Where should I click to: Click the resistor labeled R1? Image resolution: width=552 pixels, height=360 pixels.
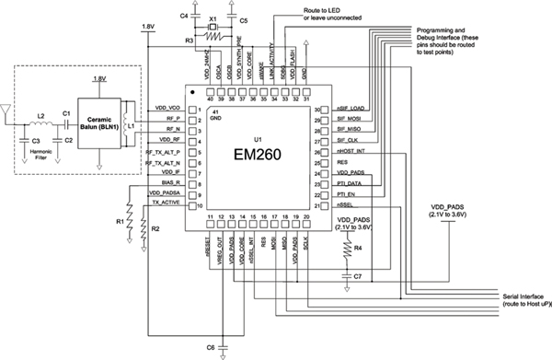(x=131, y=221)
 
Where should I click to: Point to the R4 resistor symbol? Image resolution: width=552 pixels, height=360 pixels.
(x=348, y=250)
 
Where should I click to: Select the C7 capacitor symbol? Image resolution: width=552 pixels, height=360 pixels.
(x=348, y=274)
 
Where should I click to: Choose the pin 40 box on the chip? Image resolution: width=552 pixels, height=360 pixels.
(x=210, y=93)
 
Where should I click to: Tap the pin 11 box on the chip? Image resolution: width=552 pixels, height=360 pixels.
(x=210, y=218)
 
